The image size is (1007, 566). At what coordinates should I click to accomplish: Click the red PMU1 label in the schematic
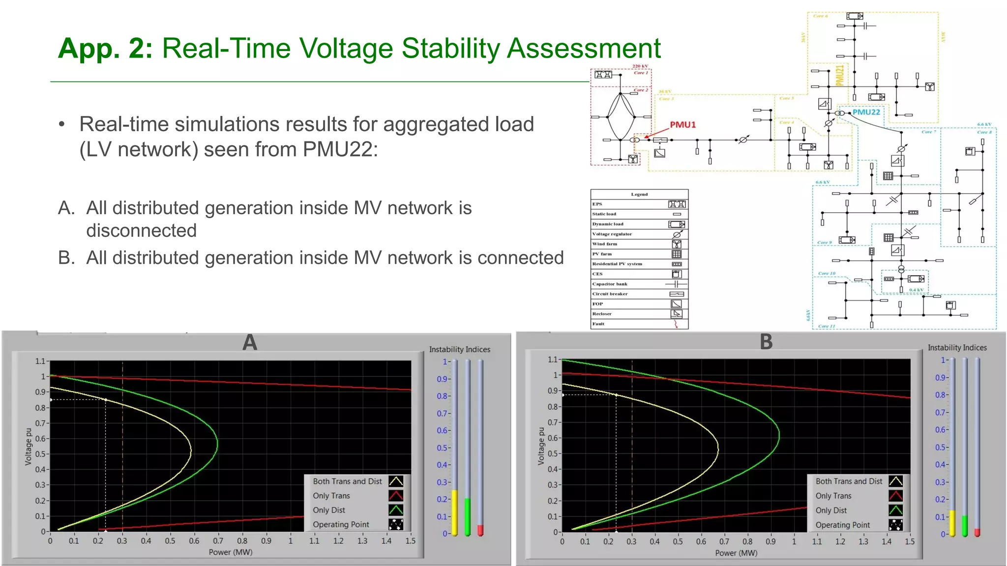click(x=682, y=125)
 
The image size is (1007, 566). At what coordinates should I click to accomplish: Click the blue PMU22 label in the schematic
click(x=866, y=112)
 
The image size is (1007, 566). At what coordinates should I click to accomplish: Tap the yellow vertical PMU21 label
click(x=840, y=75)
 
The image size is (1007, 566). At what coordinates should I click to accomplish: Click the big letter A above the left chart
click(x=250, y=342)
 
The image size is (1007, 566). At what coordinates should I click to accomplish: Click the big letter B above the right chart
click(x=766, y=342)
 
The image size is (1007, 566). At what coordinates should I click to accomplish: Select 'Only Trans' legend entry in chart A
click(x=331, y=496)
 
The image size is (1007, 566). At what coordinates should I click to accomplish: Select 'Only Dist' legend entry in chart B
click(x=831, y=510)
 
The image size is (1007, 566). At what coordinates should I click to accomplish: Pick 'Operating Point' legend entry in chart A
click(x=341, y=525)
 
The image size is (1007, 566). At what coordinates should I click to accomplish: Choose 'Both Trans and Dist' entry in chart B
click(x=849, y=481)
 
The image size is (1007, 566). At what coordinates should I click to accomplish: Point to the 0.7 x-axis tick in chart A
click(x=218, y=541)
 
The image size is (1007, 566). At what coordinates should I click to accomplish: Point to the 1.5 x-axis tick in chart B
click(x=910, y=541)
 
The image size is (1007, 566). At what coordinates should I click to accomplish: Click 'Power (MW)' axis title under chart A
click(x=231, y=552)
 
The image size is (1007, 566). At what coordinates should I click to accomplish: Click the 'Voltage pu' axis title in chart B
click(x=541, y=446)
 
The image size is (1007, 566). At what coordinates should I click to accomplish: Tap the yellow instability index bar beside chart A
click(x=455, y=512)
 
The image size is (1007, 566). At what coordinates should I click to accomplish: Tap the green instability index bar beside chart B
click(x=965, y=525)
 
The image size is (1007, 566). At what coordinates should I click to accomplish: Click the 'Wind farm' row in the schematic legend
click(x=639, y=244)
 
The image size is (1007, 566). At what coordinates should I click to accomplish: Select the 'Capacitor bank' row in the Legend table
click(x=639, y=284)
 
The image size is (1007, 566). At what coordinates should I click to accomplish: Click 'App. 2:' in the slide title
click(x=105, y=49)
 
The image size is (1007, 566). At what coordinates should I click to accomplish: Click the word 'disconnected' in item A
click(x=142, y=231)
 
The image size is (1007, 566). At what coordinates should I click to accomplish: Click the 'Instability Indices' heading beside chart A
click(x=459, y=349)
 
